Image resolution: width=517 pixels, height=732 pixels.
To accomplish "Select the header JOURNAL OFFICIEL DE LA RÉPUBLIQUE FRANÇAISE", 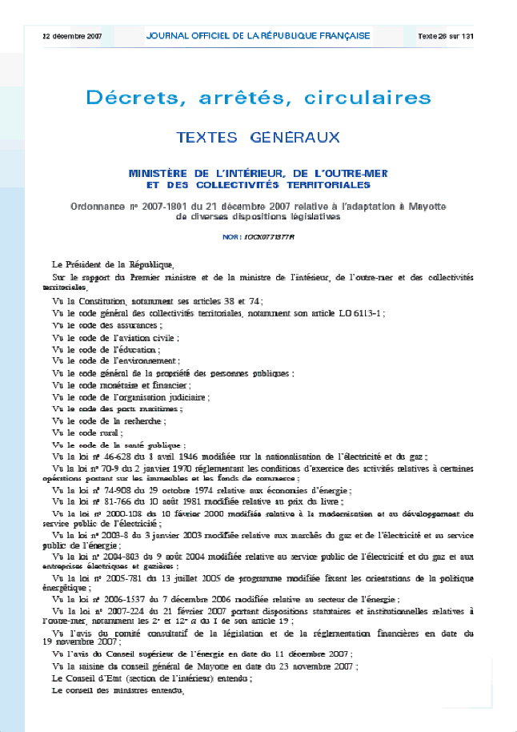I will pos(258,36).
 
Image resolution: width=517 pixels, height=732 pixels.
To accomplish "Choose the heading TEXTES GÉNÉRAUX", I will pos(258,137).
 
